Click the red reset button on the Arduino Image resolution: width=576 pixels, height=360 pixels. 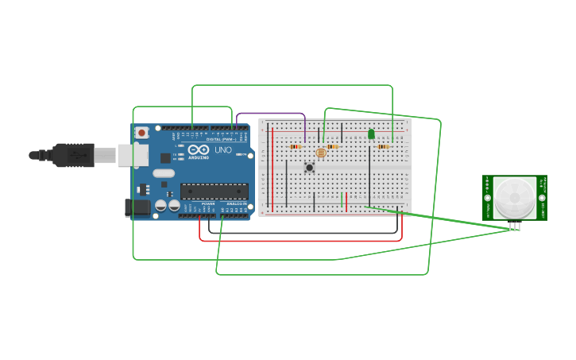pos(141,133)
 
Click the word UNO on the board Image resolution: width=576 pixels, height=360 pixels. pos(223,149)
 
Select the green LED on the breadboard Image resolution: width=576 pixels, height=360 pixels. pos(371,134)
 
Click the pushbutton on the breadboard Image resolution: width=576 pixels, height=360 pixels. pos(309,167)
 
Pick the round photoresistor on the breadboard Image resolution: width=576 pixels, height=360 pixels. pos(321,153)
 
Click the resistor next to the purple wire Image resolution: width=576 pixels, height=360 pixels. pos(296,146)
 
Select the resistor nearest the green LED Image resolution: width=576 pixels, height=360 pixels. pos(383,146)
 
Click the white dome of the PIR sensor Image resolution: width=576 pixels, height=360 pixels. pos(515,198)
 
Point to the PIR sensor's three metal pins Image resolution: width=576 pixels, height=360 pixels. pos(515,226)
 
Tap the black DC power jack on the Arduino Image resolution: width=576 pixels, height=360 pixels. pos(137,208)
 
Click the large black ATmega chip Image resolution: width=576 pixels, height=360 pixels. pos(214,191)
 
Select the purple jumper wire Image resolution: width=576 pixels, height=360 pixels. pos(270,114)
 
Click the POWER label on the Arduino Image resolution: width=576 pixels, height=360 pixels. pos(208,204)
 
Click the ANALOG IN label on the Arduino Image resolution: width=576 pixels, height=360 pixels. pos(237,204)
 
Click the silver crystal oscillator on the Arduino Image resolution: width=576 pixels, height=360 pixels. pos(164,173)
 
